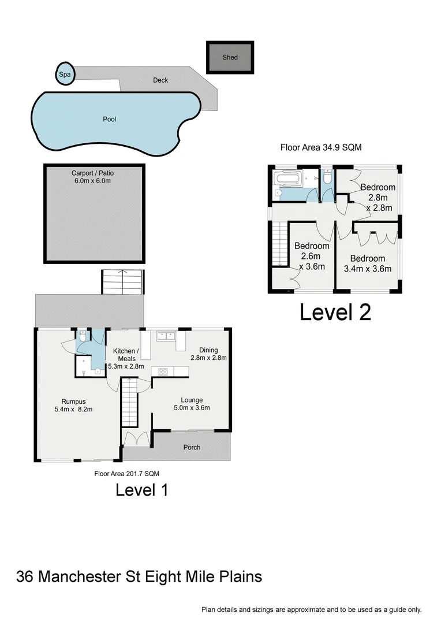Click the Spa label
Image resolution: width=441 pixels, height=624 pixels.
63,74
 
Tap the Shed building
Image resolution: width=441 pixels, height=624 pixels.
230,57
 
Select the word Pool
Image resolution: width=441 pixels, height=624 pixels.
109,120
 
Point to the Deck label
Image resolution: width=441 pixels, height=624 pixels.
160,80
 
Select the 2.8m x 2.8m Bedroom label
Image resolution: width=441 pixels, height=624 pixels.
378,197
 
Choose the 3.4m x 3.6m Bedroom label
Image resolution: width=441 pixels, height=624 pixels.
367,263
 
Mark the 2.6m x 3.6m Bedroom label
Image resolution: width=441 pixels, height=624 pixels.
312,256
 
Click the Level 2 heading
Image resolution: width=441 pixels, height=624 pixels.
335,312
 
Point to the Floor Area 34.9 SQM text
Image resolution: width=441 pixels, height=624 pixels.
321,147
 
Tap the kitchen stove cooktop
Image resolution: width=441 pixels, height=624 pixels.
159,372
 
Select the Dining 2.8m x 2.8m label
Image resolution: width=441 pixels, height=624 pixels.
208,354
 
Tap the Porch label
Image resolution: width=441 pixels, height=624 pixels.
192,447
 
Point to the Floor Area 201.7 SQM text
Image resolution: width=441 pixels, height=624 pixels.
126,473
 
